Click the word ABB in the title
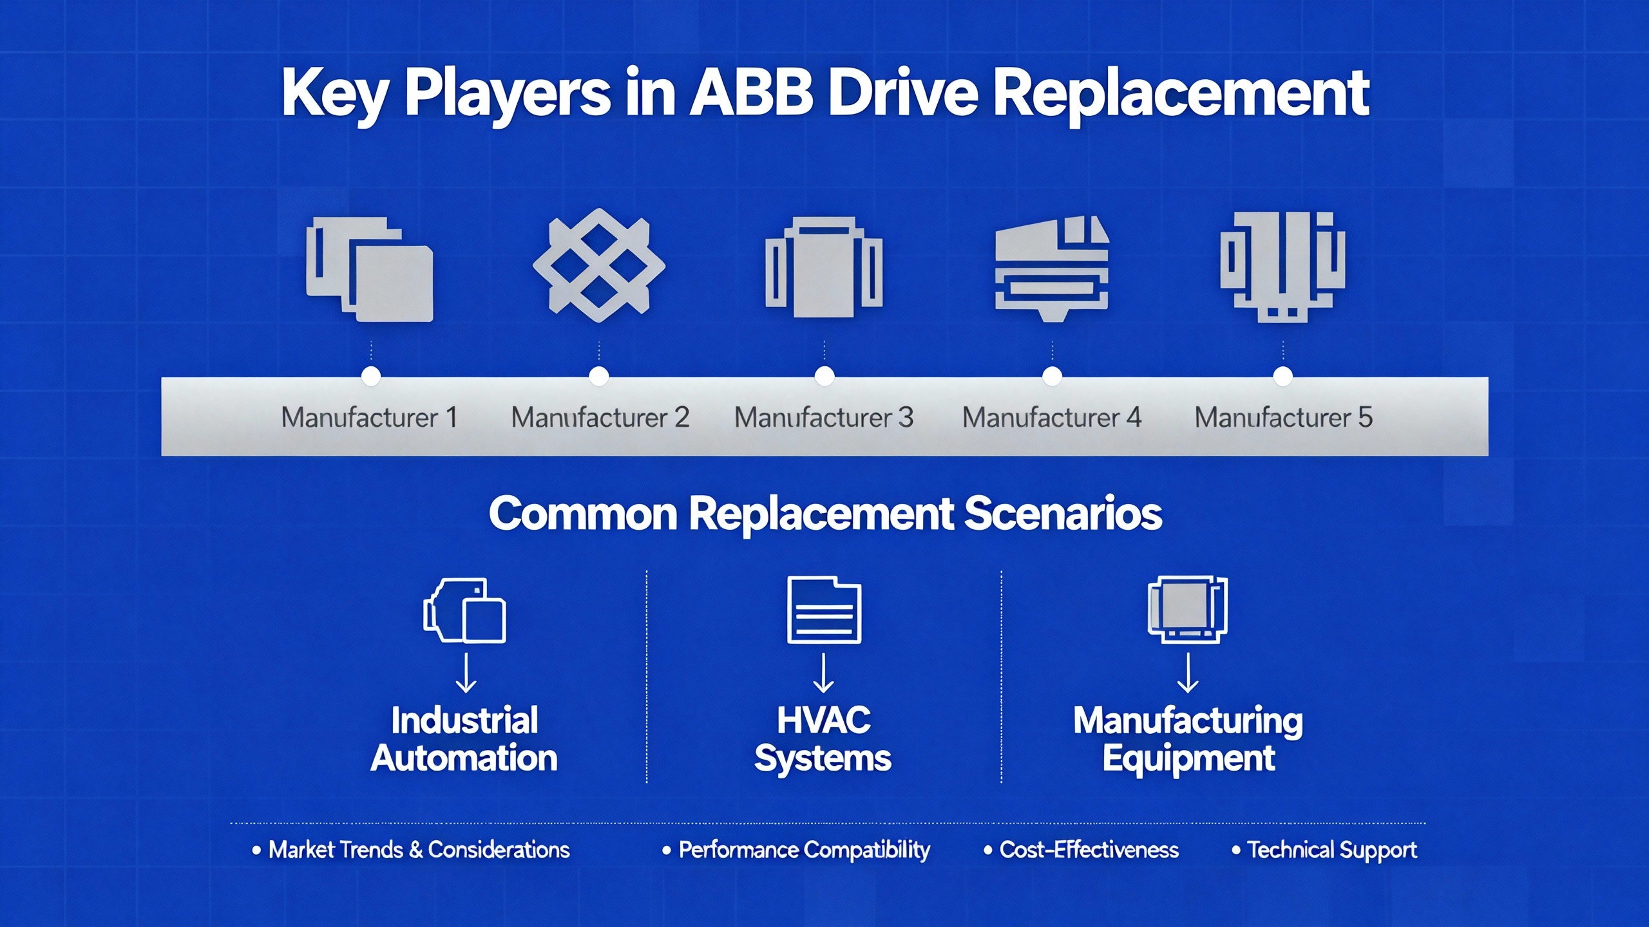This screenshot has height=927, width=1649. [x=751, y=94]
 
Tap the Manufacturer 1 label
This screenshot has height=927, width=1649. [x=369, y=418]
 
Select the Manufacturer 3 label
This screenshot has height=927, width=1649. [x=824, y=418]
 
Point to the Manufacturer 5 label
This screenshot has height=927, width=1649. [x=1283, y=418]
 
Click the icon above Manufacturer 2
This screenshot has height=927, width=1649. [x=599, y=266]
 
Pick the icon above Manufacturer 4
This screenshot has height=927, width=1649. [x=1052, y=270]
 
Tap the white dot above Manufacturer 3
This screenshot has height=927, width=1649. [x=824, y=376]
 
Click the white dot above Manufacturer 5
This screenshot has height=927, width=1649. [x=1283, y=376]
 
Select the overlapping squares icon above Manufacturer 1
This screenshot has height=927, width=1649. [x=369, y=269]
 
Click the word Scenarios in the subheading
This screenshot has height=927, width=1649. [x=1063, y=514]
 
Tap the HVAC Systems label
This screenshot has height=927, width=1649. [x=823, y=739]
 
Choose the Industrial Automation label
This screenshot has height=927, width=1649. [x=464, y=739]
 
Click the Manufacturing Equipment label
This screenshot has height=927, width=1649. [x=1188, y=739]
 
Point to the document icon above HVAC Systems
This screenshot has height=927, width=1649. [x=824, y=610]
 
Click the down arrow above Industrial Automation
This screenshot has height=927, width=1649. [x=466, y=673]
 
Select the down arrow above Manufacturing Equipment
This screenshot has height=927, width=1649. [x=1188, y=673]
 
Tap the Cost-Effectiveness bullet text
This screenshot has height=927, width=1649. [x=1089, y=850]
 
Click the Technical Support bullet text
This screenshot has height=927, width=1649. [x=1332, y=850]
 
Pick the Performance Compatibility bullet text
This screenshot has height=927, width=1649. [x=804, y=850]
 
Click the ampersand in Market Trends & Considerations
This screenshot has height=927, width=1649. [x=415, y=850]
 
